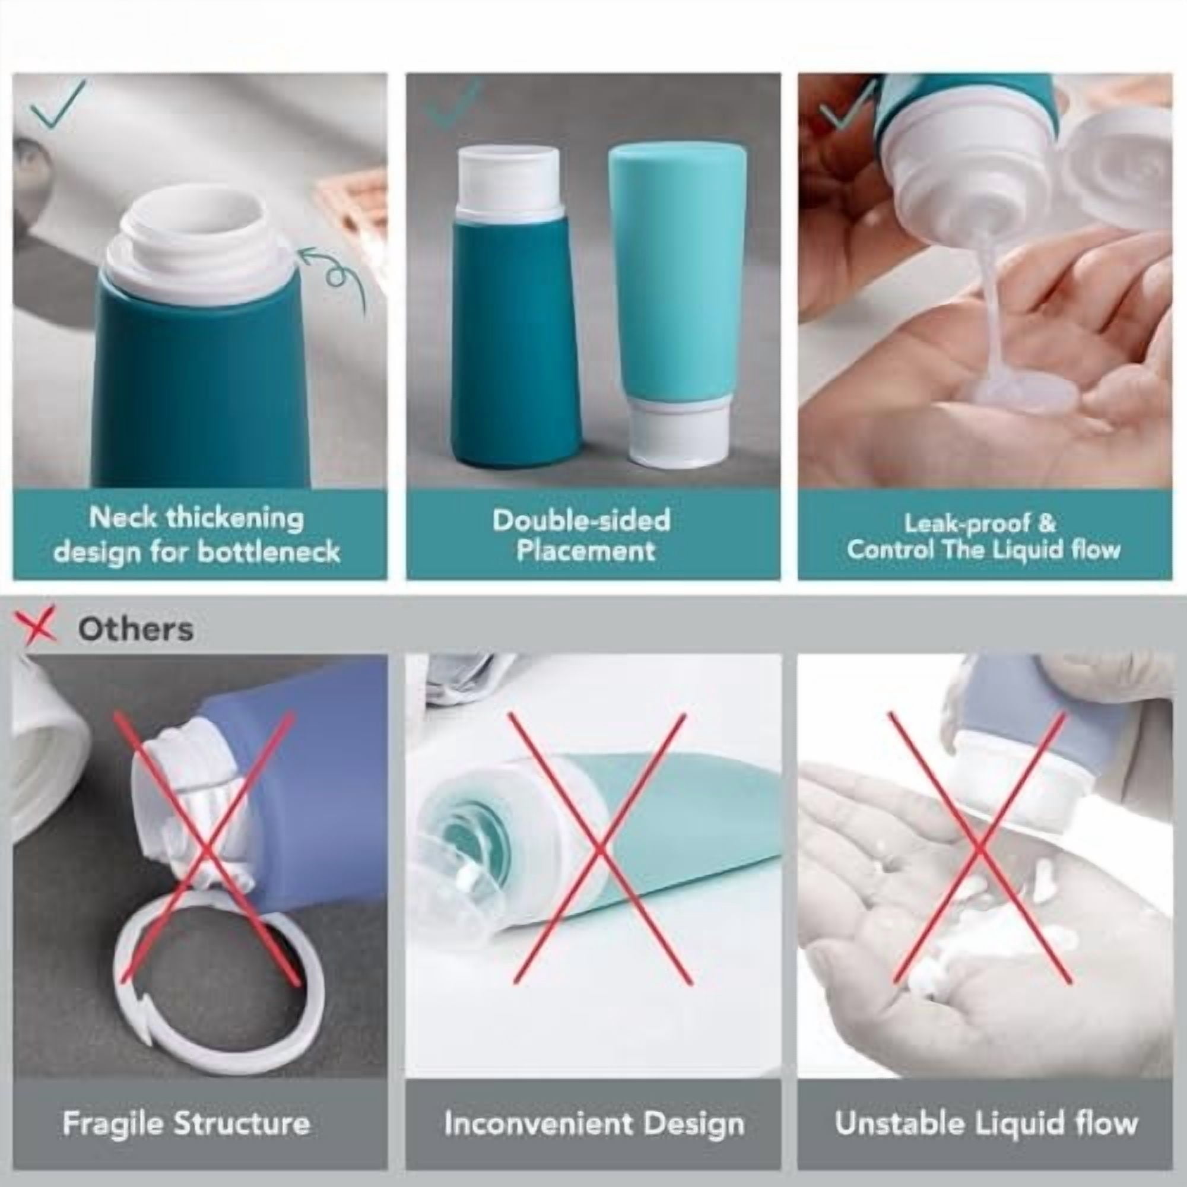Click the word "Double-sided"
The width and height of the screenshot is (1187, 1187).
(580, 520)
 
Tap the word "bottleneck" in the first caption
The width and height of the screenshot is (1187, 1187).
(268, 551)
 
